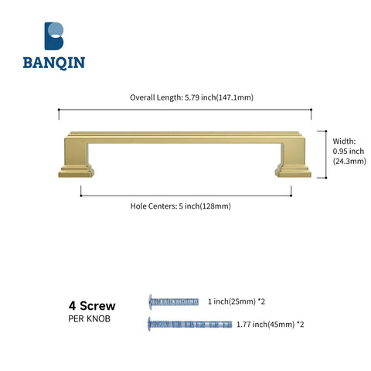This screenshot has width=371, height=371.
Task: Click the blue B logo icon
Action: tap(54, 36)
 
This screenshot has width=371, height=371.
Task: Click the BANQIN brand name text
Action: tap(54, 63)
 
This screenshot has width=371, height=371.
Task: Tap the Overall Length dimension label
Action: tap(192, 97)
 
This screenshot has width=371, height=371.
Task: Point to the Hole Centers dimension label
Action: tap(180, 206)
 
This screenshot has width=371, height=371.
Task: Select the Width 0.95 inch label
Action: tap(349, 151)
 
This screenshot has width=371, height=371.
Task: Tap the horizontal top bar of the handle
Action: tap(185, 138)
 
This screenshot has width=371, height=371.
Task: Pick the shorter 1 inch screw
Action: tap(174, 301)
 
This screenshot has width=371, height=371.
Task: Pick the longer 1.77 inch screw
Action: tap(190, 324)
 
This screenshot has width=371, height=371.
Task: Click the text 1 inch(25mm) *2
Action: tap(237, 301)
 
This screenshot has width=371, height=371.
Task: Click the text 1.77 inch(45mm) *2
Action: tap(270, 324)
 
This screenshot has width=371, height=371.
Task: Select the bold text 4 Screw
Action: tap(92, 306)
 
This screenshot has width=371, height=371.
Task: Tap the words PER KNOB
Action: tap(89, 318)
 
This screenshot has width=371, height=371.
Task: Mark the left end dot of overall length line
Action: tap(59, 110)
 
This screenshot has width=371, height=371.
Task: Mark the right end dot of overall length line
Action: tap(311, 110)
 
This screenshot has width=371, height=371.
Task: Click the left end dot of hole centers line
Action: tap(81, 196)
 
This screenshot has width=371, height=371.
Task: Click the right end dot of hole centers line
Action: tap(291, 196)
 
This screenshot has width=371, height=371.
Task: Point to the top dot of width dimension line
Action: tap(326, 131)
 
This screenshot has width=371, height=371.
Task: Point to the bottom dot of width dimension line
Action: tap(326, 178)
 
